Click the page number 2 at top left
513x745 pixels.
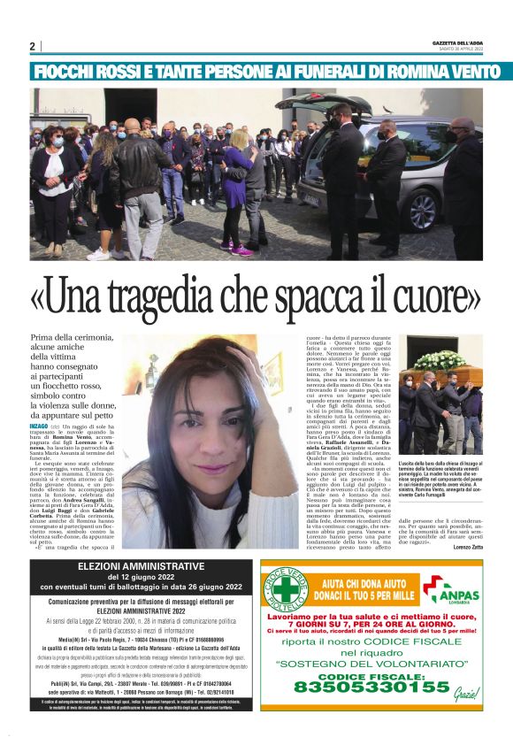(32, 46)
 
